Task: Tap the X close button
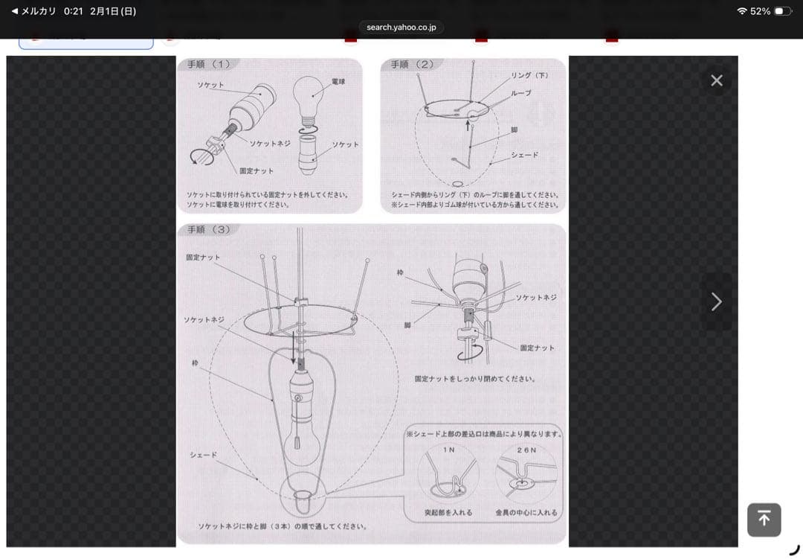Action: point(716,80)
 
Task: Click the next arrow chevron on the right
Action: point(716,301)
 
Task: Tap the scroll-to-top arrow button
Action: point(764,520)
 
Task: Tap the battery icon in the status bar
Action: point(783,11)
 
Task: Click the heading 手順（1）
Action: point(209,65)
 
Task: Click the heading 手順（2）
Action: point(412,65)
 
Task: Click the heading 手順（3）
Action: point(209,229)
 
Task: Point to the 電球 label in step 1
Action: point(338,80)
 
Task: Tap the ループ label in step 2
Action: point(520,93)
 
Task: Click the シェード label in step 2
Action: point(524,155)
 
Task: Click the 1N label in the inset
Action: point(449,450)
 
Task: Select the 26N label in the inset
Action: point(526,450)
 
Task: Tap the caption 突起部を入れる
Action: point(448,513)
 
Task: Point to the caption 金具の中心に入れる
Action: point(526,513)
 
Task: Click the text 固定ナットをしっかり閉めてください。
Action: point(474,379)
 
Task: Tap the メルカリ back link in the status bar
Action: point(34,11)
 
